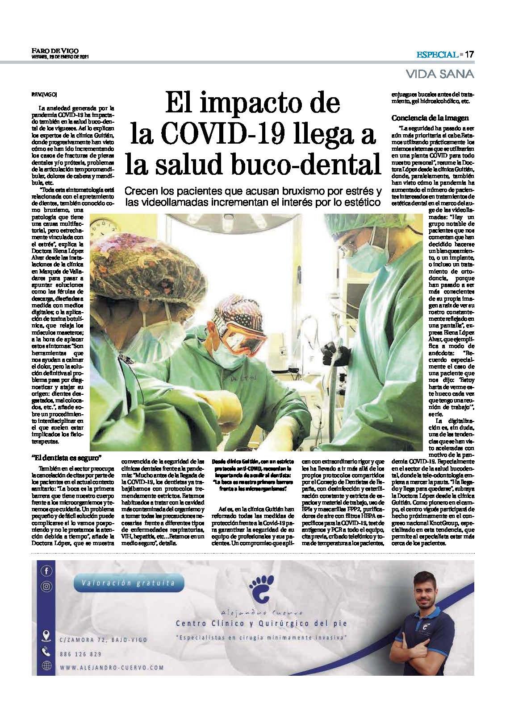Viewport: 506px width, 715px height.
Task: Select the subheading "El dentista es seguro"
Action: (x=67, y=458)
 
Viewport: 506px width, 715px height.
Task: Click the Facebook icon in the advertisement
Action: (x=46, y=570)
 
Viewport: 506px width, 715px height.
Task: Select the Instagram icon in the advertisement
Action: (x=46, y=587)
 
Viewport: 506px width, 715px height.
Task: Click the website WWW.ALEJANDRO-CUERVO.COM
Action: (x=112, y=668)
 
